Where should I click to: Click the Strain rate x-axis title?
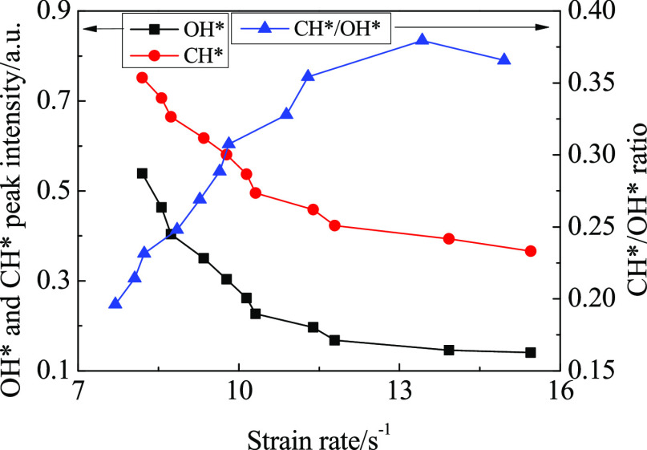319,433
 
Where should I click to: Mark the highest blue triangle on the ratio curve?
423,40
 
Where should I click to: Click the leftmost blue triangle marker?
115,303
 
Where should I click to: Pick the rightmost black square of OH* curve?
530,352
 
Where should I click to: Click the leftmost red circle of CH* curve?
142,78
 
